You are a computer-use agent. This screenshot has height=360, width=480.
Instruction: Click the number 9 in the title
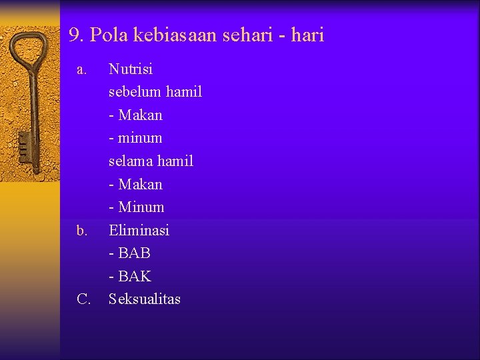pyautogui.click(x=75, y=35)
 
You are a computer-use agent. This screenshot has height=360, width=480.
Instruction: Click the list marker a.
pyautogui.click(x=81, y=69)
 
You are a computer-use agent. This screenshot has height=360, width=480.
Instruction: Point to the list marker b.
pyautogui.click(x=82, y=231)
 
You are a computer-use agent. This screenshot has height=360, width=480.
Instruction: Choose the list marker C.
pyautogui.click(x=83, y=299)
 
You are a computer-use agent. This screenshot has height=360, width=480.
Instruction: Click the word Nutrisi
pyautogui.click(x=131, y=69)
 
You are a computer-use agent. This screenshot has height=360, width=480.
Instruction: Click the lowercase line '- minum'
pyautogui.click(x=135, y=138)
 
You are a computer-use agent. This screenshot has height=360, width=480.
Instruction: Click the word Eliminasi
pyautogui.click(x=139, y=230)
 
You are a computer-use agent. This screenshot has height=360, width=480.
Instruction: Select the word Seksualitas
pyautogui.click(x=144, y=299)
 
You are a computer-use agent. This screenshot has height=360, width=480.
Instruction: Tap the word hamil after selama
pyautogui.click(x=175, y=161)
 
